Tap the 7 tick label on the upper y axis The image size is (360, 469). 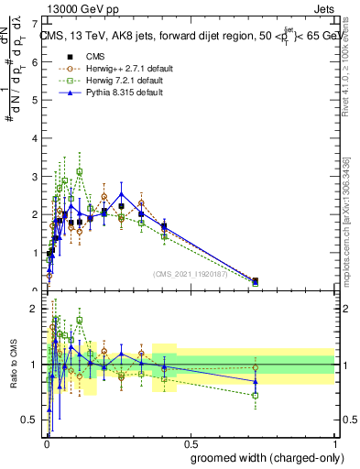(x=36, y=21)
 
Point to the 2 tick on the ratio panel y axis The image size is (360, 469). (x=36, y=309)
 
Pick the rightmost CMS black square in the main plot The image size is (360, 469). (x=255, y=281)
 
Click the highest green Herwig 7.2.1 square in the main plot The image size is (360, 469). (x=80, y=171)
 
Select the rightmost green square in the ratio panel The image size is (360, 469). (x=255, y=396)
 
